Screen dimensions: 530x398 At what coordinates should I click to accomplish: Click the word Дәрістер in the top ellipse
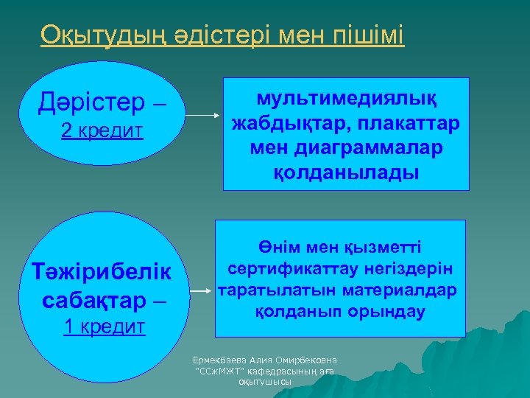pyautogui.click(x=92, y=103)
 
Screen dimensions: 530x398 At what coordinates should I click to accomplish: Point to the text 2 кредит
pyautogui.click(x=102, y=131)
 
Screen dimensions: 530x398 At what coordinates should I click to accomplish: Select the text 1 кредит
pyautogui.click(x=104, y=327)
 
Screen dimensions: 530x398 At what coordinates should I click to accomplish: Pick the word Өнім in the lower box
pyautogui.click(x=278, y=248)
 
